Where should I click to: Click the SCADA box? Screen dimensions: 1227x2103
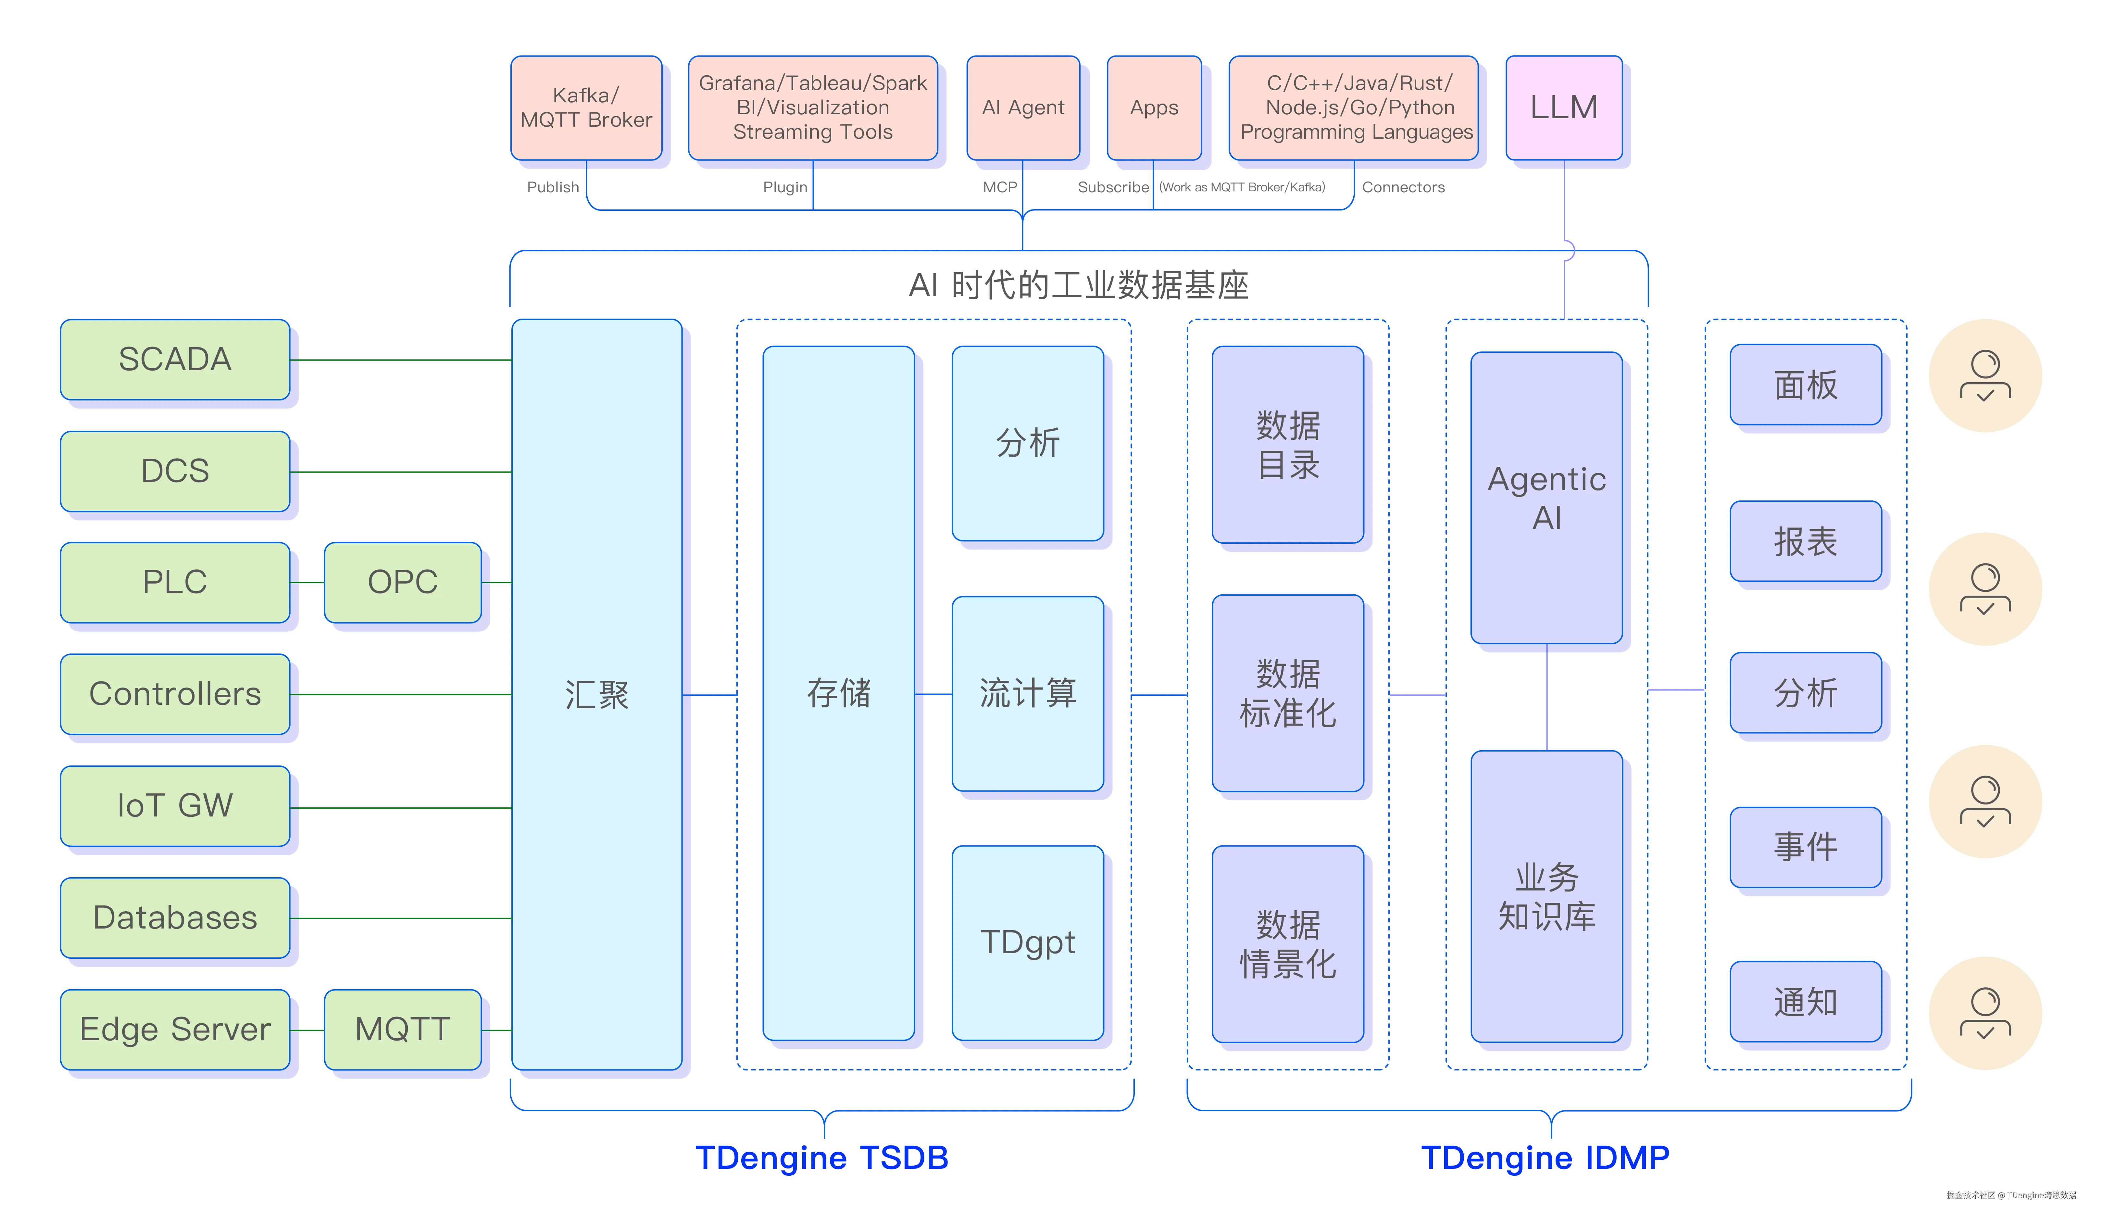(175, 359)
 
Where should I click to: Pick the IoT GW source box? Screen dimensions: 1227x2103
(175, 805)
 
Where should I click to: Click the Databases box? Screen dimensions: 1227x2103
(175, 917)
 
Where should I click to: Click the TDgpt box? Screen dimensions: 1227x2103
(1027, 942)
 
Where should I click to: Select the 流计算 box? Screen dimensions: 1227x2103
(1027, 693)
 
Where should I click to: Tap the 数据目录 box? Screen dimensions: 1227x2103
(1288, 445)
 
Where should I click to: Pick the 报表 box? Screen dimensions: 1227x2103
(1805, 542)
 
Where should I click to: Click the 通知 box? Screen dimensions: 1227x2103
(1805, 1002)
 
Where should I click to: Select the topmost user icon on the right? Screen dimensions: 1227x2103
(1985, 376)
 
